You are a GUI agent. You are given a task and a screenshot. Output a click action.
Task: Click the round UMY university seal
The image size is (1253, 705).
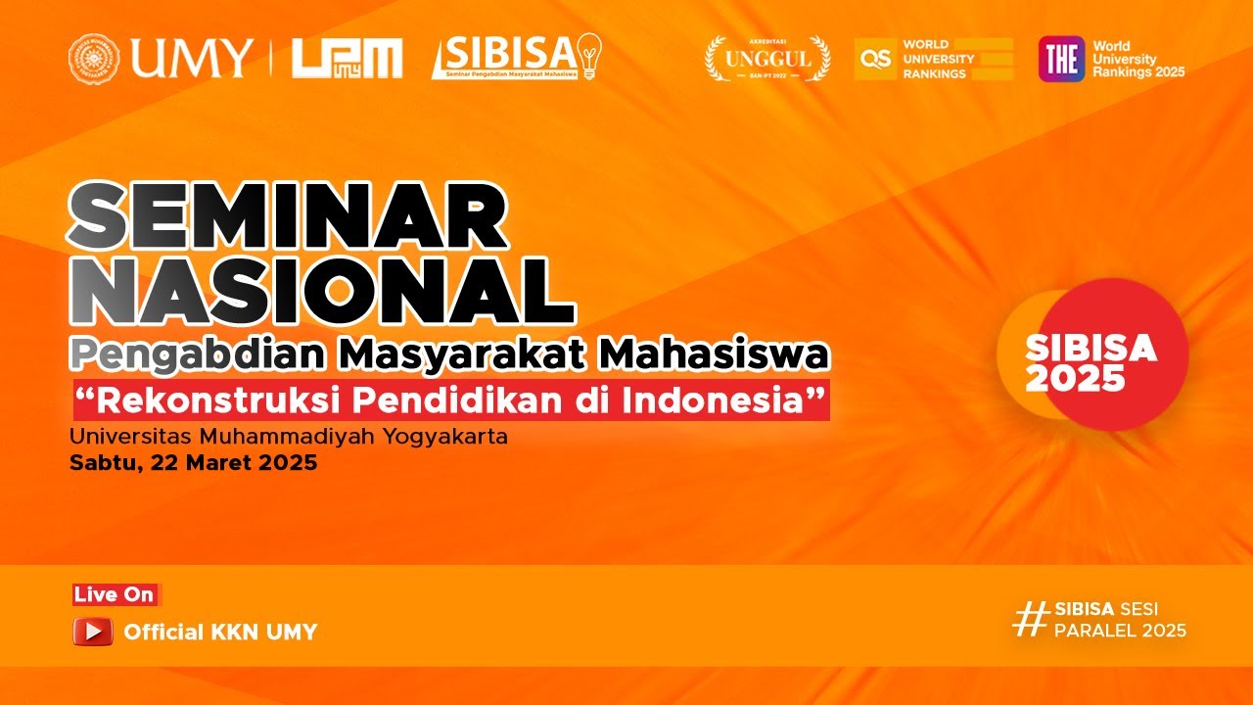(94, 59)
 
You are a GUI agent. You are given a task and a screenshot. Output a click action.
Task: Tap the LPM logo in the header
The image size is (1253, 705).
(347, 59)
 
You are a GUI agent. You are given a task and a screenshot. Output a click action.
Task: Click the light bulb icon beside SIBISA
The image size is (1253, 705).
(589, 56)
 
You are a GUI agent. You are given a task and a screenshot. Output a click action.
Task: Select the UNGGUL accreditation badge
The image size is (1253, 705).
(767, 59)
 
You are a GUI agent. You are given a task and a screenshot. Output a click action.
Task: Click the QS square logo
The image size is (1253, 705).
(875, 59)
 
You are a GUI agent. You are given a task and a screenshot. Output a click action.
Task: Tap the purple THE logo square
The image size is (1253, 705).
(1061, 59)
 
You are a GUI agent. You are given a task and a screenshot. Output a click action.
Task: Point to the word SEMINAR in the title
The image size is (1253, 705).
(288, 217)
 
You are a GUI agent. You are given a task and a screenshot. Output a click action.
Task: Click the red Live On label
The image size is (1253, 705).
(115, 594)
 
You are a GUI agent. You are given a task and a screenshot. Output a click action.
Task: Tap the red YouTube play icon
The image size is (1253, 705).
(93, 632)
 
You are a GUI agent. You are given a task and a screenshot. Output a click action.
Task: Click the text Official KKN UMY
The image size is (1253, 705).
(220, 633)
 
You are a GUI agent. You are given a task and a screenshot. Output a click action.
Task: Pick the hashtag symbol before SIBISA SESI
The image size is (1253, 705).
(1030, 619)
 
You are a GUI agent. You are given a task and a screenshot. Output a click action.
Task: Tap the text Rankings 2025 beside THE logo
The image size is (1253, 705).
(1137, 71)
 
